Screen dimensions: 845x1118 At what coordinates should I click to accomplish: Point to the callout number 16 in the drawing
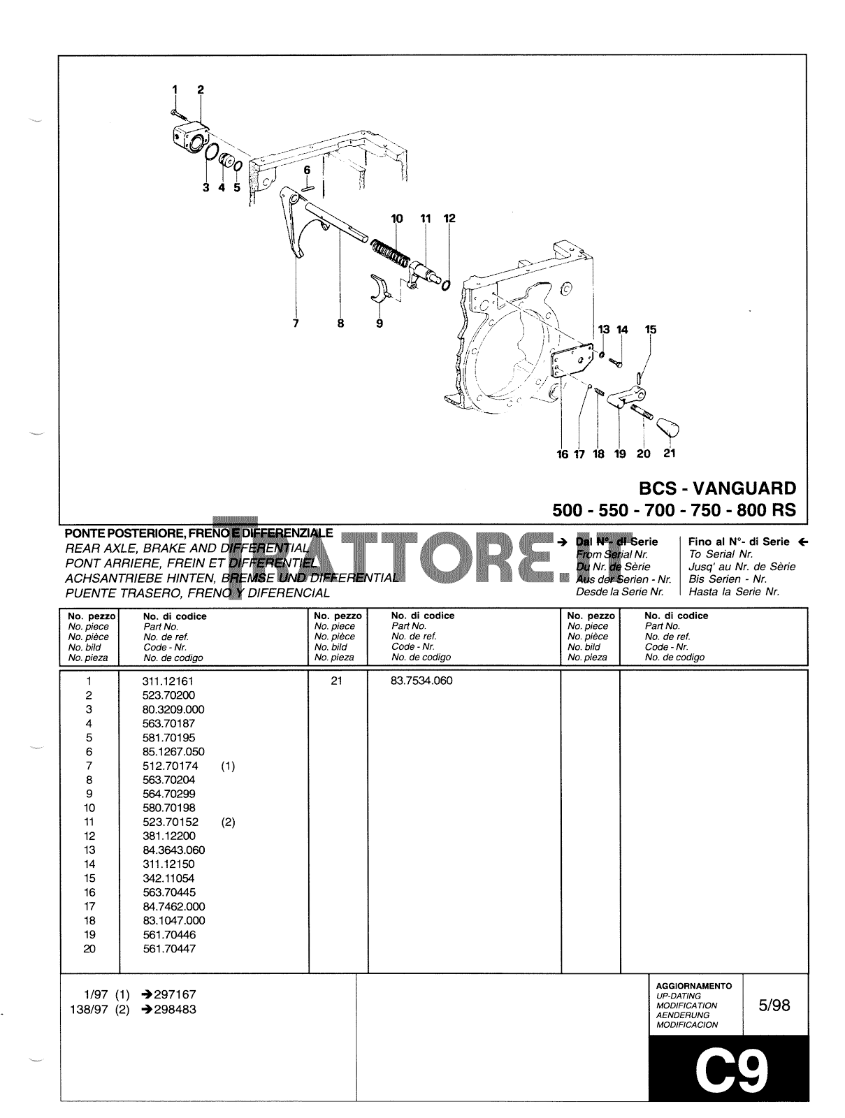point(563,454)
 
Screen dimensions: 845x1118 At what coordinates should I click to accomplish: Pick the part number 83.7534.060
point(421,681)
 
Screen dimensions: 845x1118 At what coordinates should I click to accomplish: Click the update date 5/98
point(774,1006)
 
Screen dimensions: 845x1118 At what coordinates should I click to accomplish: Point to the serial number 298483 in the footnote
point(175,1010)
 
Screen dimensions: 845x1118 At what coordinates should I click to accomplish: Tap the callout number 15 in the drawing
point(651,330)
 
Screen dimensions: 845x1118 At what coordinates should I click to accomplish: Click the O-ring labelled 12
point(446,284)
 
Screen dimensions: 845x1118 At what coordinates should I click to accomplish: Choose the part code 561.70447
point(168,949)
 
